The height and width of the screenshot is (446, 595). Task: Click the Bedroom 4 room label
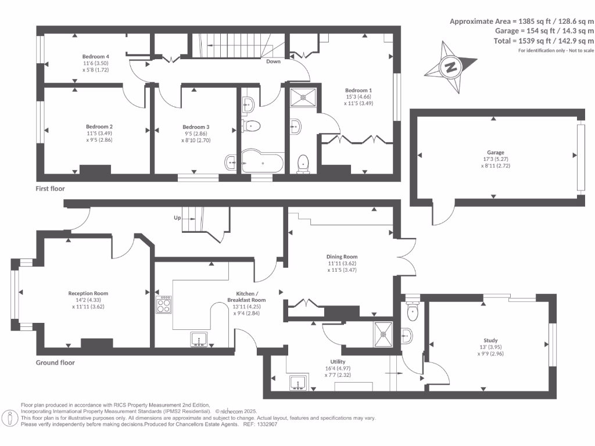[x=96, y=56]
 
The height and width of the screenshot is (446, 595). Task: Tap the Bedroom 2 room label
[x=99, y=127]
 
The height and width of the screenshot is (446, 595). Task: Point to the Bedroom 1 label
[x=359, y=91]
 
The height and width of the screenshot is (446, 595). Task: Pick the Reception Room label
[x=88, y=293]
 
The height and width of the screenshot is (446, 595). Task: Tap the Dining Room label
[x=342, y=257]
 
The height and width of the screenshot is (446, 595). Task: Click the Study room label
[x=490, y=341]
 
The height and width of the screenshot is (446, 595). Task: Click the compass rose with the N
[x=450, y=67]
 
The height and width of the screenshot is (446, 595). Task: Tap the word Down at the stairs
[x=274, y=61]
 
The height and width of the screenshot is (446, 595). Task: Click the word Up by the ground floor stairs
[x=178, y=218]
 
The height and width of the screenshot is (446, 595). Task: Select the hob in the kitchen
[x=164, y=305]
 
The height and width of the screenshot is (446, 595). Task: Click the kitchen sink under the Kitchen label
[x=199, y=339]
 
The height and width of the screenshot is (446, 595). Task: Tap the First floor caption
[x=51, y=189]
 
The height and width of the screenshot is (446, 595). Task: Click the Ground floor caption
[x=55, y=362]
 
